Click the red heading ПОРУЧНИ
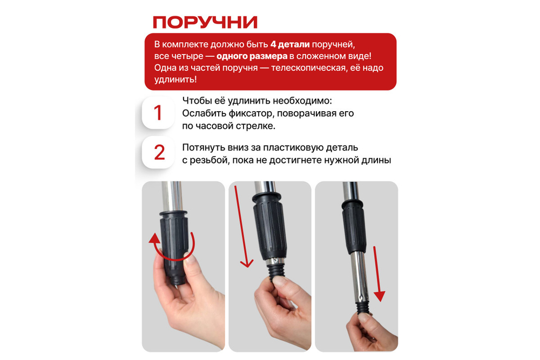[205, 22]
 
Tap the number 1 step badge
[158, 113]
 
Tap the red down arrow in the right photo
[379, 273]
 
